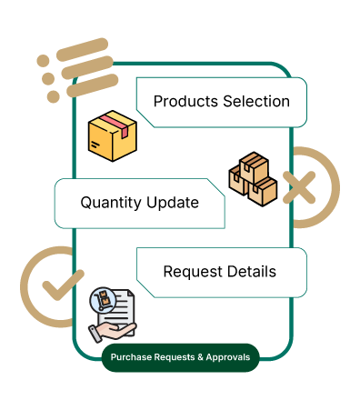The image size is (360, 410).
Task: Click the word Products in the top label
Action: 185,102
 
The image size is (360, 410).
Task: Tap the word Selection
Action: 256,101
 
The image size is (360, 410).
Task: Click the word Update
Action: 173,203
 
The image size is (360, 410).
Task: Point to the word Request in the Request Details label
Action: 193,272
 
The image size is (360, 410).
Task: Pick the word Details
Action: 252,271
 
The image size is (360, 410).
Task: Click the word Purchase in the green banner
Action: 131,357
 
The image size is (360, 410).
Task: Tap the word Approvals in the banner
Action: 228,357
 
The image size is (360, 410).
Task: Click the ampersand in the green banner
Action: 200,357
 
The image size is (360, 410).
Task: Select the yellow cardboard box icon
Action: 113,136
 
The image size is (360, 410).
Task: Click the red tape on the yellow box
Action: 115,125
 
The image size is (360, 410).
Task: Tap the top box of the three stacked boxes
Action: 254,167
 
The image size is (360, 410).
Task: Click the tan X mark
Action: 299,187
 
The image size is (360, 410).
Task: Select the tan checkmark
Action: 63,285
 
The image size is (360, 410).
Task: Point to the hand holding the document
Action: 112,332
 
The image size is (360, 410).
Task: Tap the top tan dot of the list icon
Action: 43,61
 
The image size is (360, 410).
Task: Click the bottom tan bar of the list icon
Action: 92,85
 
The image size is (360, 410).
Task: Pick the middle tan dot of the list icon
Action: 48,79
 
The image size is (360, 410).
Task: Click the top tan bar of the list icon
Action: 82,49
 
